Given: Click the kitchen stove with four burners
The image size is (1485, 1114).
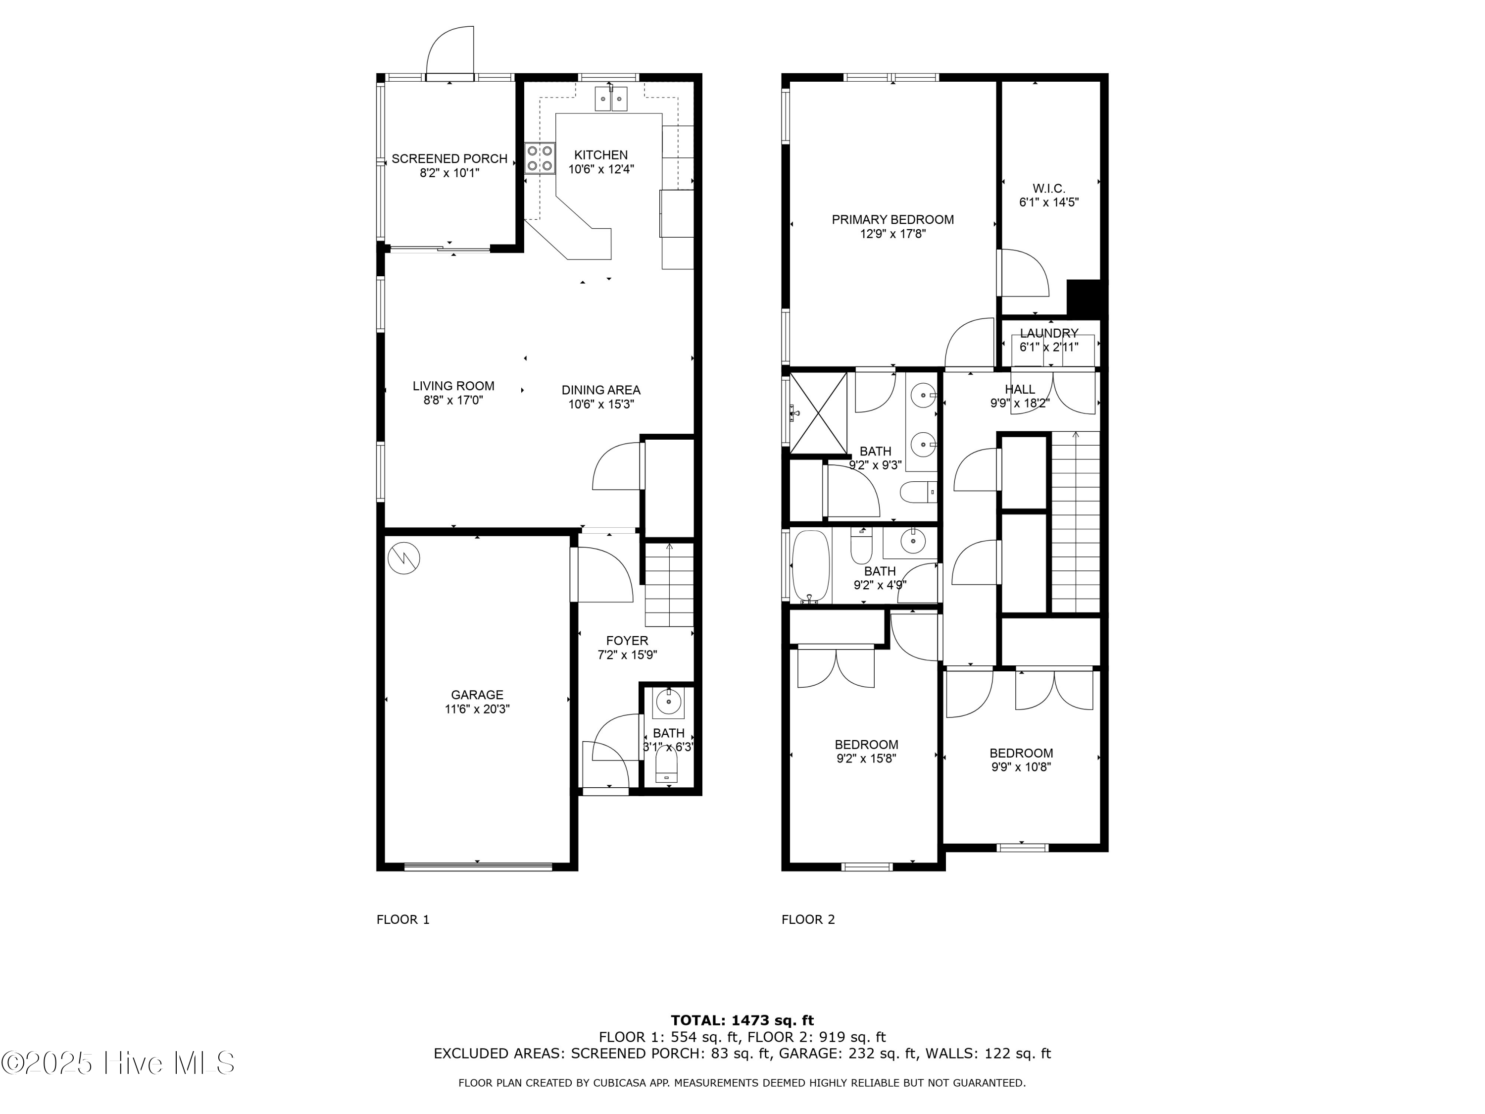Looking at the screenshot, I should pyautogui.click(x=540, y=158).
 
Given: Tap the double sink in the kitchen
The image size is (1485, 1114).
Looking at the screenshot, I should pyautogui.click(x=611, y=99).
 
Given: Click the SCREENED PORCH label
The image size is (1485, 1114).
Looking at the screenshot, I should pyautogui.click(x=449, y=158).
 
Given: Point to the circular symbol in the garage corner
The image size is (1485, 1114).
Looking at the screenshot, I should pyautogui.click(x=404, y=557).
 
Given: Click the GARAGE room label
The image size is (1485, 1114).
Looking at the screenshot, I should pyautogui.click(x=477, y=695).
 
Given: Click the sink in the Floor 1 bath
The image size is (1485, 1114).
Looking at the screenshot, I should pyautogui.click(x=668, y=703).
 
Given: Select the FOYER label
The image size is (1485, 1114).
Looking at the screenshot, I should pyautogui.click(x=627, y=641).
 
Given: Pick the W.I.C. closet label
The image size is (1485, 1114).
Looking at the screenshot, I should pyautogui.click(x=1048, y=189).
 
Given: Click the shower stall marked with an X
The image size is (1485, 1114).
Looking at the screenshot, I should pyautogui.click(x=818, y=413).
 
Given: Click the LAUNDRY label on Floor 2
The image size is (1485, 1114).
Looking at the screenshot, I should pyautogui.click(x=1048, y=333).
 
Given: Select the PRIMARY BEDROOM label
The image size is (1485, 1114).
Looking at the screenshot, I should pyautogui.click(x=892, y=219).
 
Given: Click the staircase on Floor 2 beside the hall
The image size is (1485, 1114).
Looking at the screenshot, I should pyautogui.click(x=1075, y=522).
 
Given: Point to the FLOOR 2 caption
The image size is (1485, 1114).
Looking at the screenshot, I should pyautogui.click(x=808, y=919).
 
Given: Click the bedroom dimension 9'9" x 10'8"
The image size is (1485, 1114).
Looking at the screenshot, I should pyautogui.click(x=1020, y=767).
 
